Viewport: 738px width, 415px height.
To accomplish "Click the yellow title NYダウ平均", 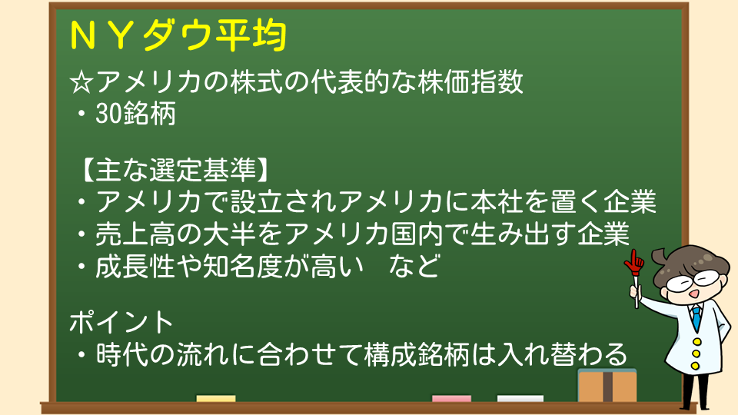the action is [178, 35].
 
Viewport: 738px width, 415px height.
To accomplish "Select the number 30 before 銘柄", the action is [108, 114].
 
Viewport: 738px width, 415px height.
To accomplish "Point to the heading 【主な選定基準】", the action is [175, 170].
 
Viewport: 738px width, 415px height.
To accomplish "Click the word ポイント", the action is [121, 322].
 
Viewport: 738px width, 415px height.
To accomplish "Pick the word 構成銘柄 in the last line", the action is [417, 354].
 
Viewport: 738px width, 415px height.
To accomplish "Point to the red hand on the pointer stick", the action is [634, 263].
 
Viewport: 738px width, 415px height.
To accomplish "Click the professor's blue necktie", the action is [696, 317].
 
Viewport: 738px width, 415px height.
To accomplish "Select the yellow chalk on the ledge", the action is [215, 399].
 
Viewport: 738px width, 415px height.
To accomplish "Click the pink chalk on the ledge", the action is [451, 399].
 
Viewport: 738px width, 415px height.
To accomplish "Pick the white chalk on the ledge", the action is [520, 399].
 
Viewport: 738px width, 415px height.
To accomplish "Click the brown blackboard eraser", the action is [607, 385].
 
